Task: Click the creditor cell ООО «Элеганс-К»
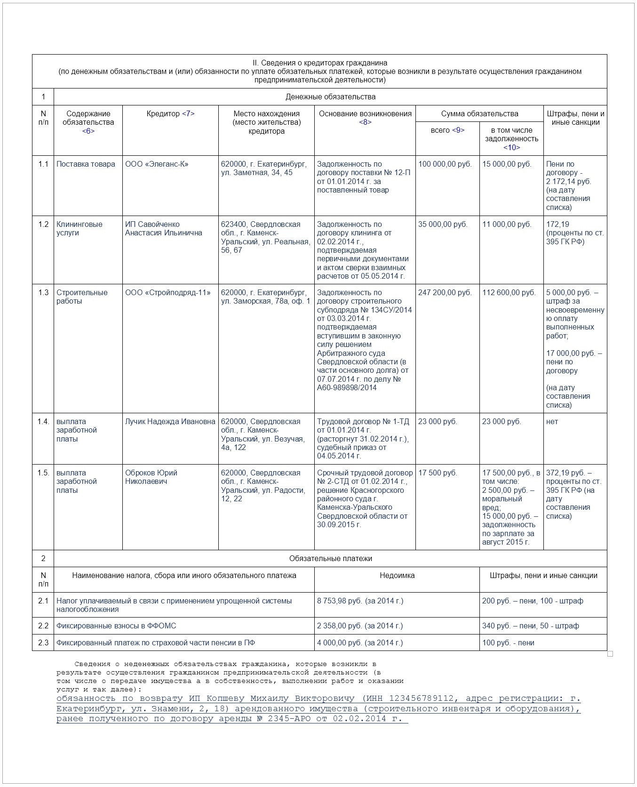pos(157,164)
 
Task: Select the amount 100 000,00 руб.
pos(445,164)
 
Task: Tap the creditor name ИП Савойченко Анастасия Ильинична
pos(163,229)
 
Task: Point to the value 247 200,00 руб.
pos(445,293)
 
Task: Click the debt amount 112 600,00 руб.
pos(509,293)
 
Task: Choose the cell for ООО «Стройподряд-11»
pos(167,293)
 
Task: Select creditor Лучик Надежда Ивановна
pos(170,422)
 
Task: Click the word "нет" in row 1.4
pos(552,422)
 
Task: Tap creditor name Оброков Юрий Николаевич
pos(151,477)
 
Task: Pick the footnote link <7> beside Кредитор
pos(188,114)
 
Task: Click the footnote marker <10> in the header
pos(511,148)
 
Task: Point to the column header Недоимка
pos(397,576)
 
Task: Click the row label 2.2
pos(43,626)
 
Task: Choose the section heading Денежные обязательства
pos(330,97)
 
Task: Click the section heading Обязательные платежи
pos(330,559)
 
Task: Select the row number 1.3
pos(43,293)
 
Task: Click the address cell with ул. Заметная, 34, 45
pos(263,169)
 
